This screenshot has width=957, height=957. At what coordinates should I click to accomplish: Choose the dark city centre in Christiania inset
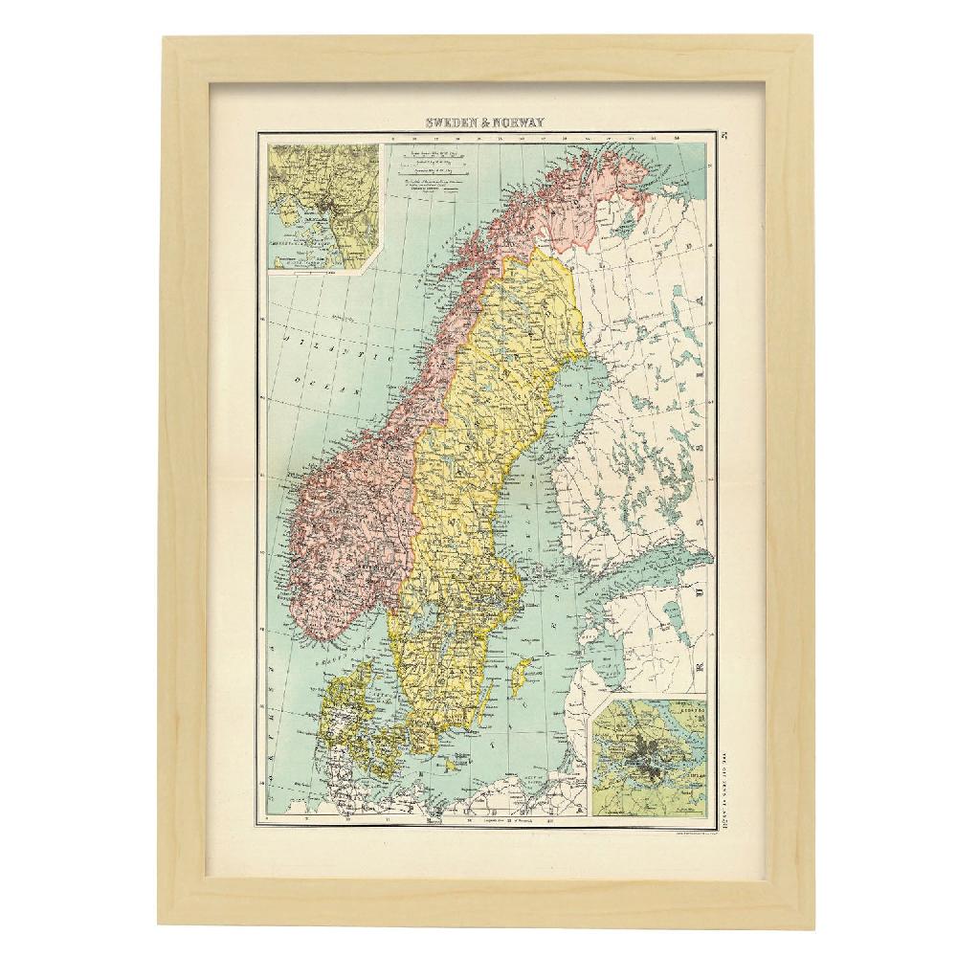click(330, 202)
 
